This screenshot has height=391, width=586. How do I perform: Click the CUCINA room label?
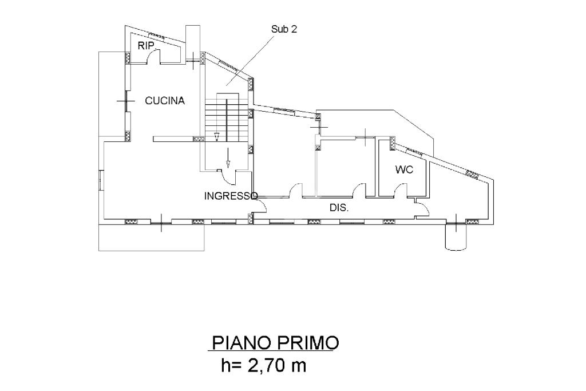pyautogui.click(x=165, y=101)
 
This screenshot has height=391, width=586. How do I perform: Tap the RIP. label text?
pyautogui.click(x=146, y=46)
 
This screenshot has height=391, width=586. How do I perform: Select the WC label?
pyautogui.click(x=405, y=169)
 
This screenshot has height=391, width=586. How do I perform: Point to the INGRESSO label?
pyautogui.click(x=231, y=196)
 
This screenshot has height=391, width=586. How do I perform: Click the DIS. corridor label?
pyautogui.click(x=339, y=208)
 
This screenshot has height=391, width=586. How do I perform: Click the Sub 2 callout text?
pyautogui.click(x=284, y=29)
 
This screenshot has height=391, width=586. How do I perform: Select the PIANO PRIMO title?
pyautogui.click(x=275, y=342)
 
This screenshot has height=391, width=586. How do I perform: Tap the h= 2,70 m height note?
pyautogui.click(x=263, y=366)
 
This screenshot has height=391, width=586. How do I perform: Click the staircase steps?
pyautogui.click(x=227, y=117)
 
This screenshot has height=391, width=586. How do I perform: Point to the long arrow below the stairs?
pyautogui.click(x=228, y=157)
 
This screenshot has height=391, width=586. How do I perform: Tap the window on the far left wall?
pyautogui.click(x=101, y=180)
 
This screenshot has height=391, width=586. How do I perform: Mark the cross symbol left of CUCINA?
pyautogui.click(x=125, y=101)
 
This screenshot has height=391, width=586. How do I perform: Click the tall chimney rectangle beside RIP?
pyautogui.click(x=193, y=44)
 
